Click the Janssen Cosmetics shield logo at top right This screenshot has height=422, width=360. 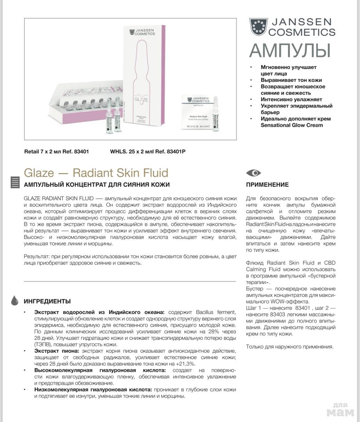coord(258,27)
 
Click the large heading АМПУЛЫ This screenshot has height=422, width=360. coord(290,51)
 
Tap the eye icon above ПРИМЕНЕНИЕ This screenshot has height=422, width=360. coord(253,173)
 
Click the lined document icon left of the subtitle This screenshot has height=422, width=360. coord(15,182)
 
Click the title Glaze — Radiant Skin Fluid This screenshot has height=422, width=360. coord(96,172)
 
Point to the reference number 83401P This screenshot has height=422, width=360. coord(176,151)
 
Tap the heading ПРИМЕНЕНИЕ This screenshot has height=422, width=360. coord(267,185)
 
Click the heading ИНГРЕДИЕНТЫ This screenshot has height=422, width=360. coord(47,301)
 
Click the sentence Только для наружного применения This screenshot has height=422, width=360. coord(290,347)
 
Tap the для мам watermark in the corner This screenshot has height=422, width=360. coord(340,410)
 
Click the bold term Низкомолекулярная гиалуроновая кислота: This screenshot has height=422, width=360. coord(93,390)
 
